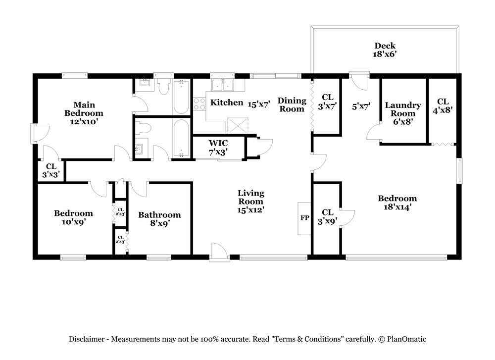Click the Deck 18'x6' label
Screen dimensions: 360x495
384,50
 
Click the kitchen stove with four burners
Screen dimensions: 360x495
199,104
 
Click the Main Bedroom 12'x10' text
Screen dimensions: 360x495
84,113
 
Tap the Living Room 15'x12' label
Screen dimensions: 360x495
251,201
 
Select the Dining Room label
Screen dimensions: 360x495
292,104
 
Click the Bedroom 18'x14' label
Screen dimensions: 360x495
397,203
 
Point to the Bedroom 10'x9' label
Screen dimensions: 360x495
73,217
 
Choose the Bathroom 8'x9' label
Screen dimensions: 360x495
159,219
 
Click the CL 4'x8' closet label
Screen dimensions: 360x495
443,106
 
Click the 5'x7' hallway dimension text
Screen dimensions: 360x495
360,105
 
